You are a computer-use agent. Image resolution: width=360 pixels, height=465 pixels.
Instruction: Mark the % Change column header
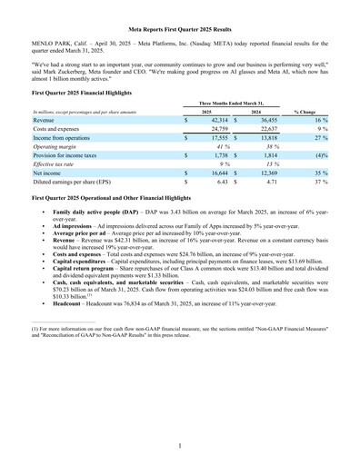321,110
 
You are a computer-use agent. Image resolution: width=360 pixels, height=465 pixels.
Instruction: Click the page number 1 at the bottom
179,446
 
